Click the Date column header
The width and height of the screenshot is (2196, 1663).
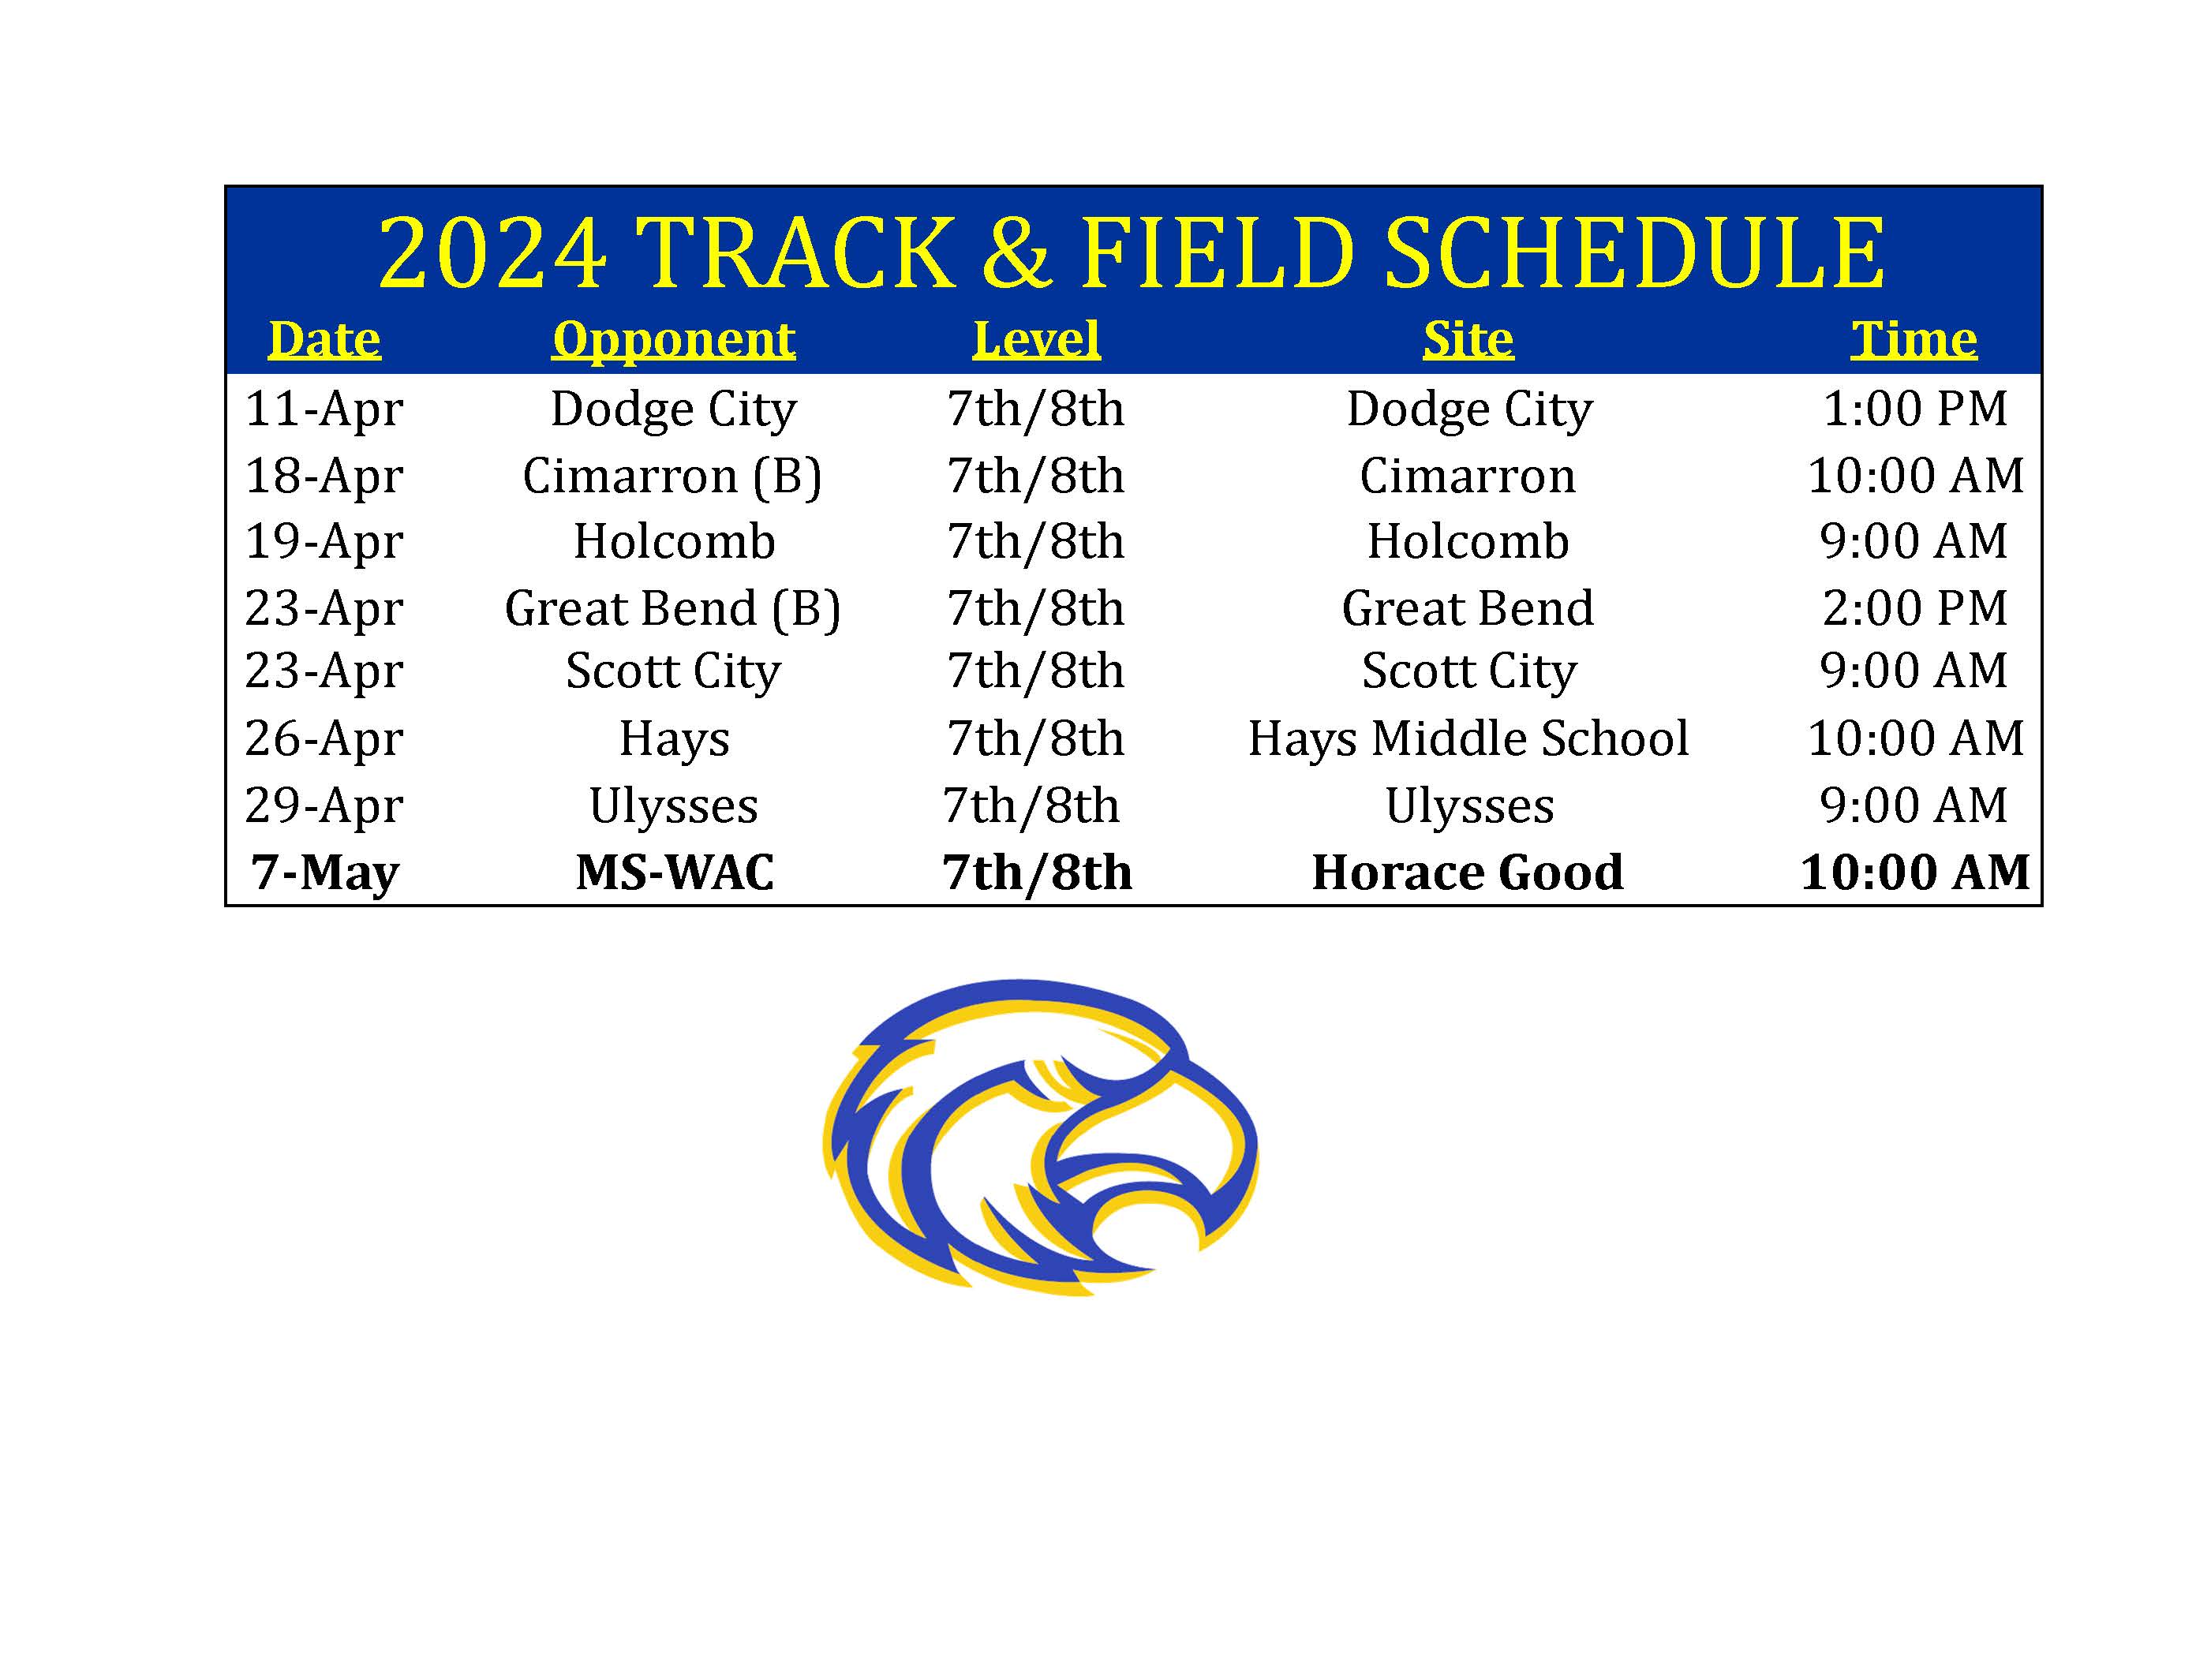pyautogui.click(x=324, y=339)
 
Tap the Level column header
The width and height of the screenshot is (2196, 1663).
pyautogui.click(x=1036, y=339)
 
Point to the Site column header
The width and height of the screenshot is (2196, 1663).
pyautogui.click(x=1468, y=339)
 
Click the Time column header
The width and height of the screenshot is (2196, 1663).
pyautogui.click(x=1914, y=339)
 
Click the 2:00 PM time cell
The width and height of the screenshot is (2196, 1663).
pyautogui.click(x=1915, y=607)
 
